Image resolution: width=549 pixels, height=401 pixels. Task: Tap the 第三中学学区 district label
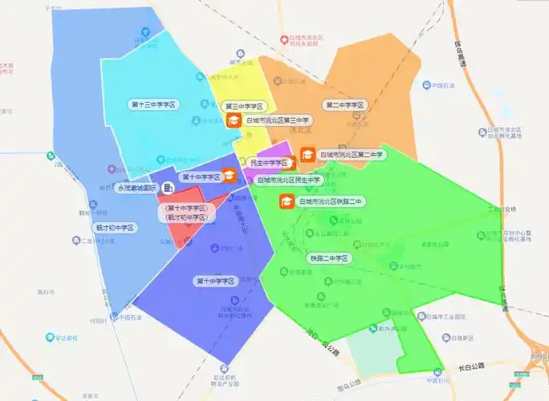tap(244, 106)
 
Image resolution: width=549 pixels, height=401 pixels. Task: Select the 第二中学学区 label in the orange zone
tap(345, 105)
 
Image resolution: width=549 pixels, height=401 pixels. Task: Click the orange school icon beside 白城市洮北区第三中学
tap(234, 120)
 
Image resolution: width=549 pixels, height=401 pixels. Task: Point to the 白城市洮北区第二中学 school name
tap(352, 154)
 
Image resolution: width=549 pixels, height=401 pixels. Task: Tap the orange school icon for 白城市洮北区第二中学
tap(307, 154)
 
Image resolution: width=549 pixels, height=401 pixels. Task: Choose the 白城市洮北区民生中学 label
tap(289, 180)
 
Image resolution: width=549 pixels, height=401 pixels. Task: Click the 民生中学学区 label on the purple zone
tap(268, 163)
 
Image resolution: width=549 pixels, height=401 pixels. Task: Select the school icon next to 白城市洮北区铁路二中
tap(286, 201)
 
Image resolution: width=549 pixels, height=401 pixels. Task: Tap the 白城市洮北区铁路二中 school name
tap(331, 201)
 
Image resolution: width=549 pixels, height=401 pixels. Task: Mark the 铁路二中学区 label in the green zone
tap(329, 258)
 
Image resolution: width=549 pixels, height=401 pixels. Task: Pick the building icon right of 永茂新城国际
tap(168, 188)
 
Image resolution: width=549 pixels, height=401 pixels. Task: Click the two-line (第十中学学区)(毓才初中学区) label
tap(186, 213)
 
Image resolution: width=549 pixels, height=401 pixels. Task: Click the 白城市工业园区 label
tap(453, 317)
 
